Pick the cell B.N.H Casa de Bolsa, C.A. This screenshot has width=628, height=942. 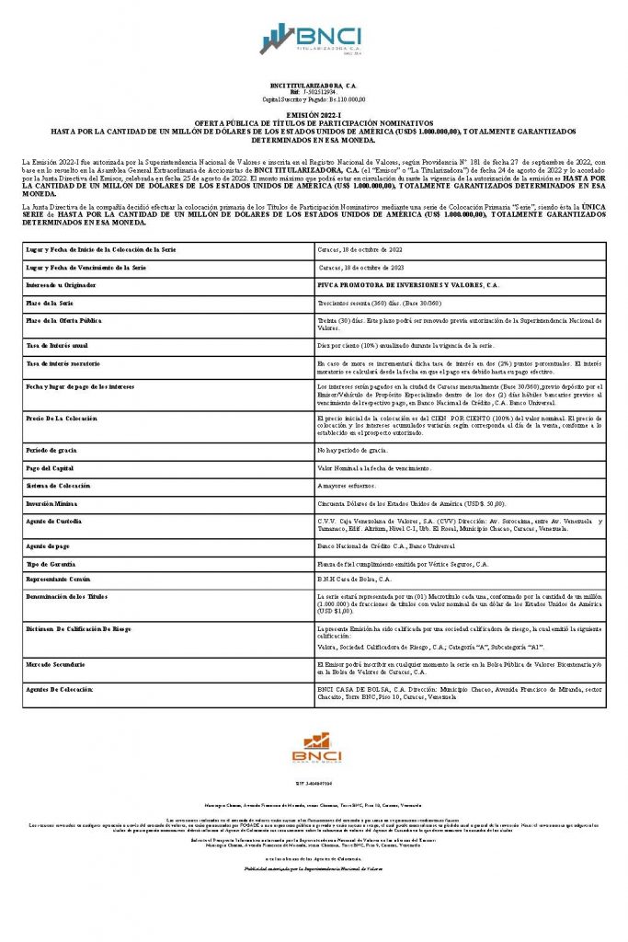point(354,580)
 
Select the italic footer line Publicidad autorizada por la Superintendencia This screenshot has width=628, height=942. point(314,867)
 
